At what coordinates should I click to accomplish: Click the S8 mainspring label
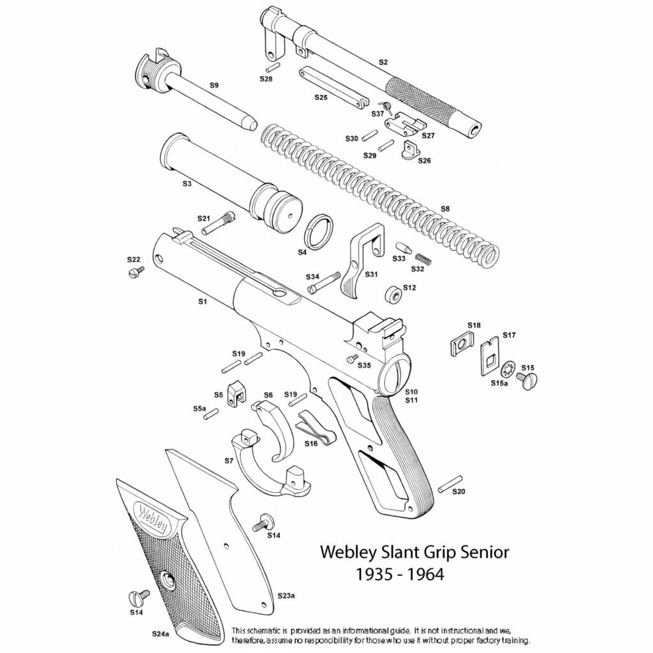[x=445, y=209]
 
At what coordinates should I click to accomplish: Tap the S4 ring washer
[x=318, y=233]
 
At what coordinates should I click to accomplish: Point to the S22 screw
[x=136, y=272]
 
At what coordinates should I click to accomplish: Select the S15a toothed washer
[x=509, y=369]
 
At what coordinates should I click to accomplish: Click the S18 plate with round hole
[x=459, y=346]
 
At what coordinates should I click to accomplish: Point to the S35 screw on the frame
[x=350, y=359]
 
